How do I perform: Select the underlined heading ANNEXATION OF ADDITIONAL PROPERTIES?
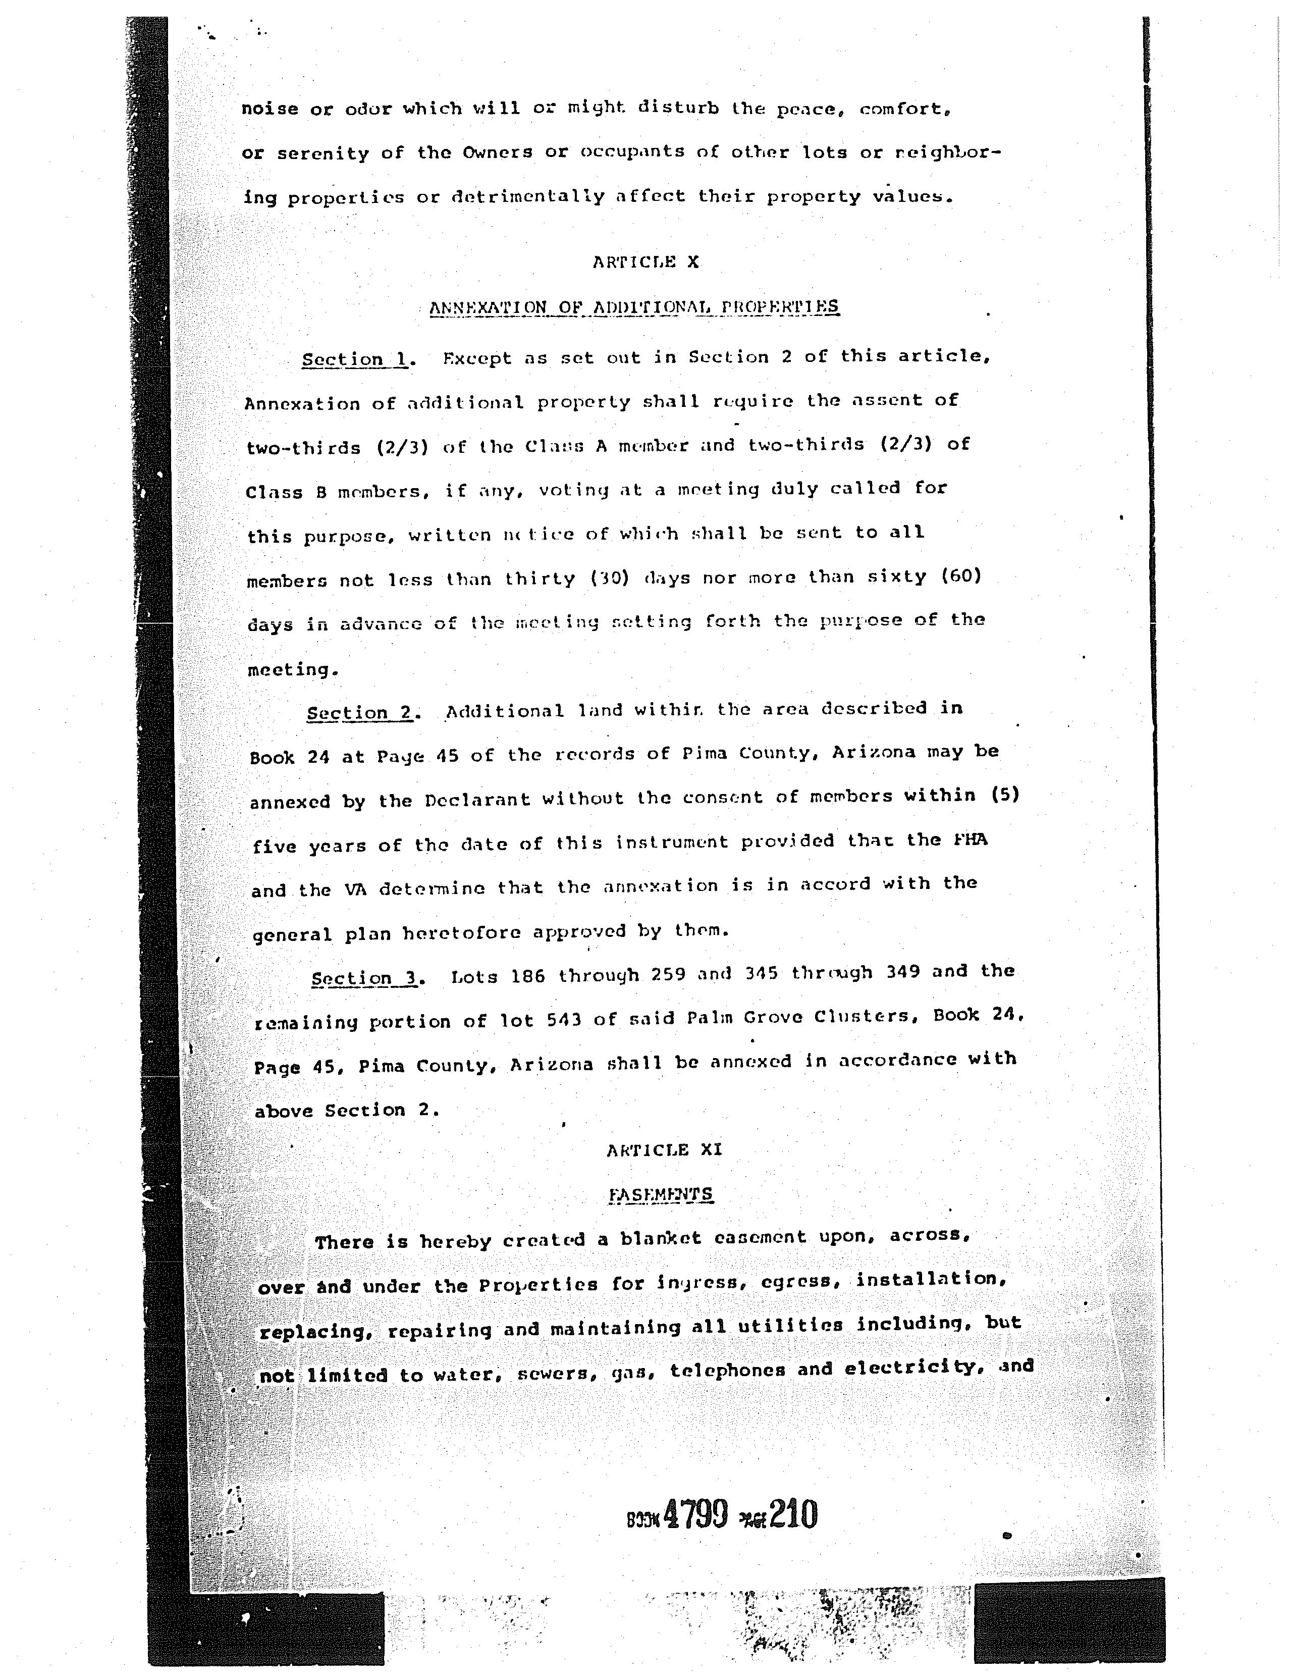634,307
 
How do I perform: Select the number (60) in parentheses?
961,575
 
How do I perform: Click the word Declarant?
477,800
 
